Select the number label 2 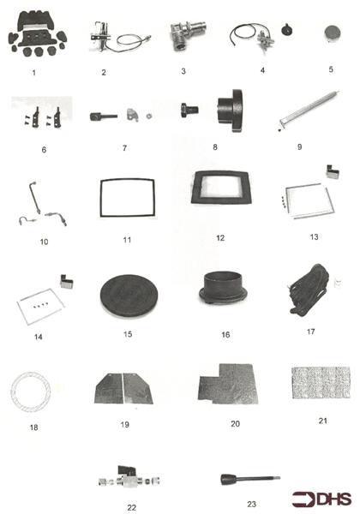103,73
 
